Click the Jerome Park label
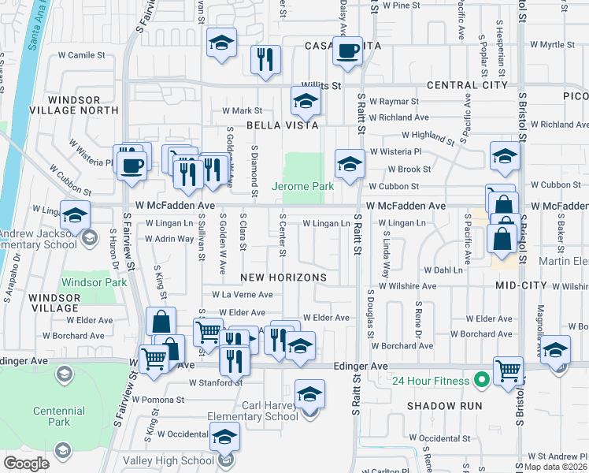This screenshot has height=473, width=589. click(303, 187)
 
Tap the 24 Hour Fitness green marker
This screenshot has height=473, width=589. click(478, 381)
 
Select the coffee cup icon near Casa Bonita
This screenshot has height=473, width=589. click(346, 51)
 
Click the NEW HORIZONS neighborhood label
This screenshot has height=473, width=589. click(283, 278)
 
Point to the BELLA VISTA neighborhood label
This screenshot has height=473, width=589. click(282, 125)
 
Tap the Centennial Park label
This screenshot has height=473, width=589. click(59, 416)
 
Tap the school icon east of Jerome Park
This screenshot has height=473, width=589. click(350, 164)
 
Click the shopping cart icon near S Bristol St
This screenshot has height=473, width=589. click(508, 370)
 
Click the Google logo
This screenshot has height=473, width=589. click(26, 464)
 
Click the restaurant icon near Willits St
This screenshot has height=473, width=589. click(265, 59)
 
